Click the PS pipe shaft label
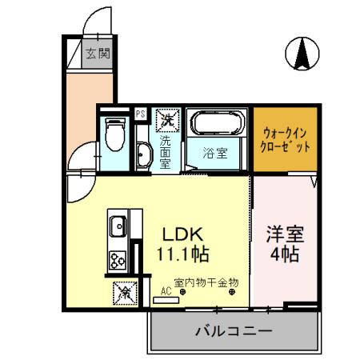coord(141,114)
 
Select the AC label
coord(165,293)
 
